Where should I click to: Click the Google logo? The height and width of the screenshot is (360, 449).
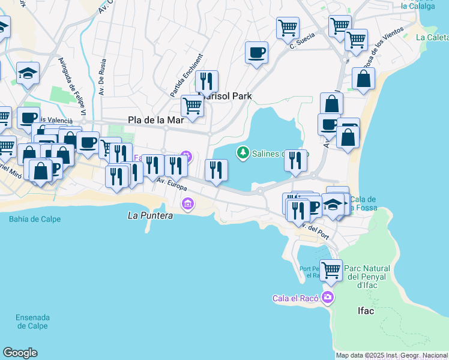point(20,353)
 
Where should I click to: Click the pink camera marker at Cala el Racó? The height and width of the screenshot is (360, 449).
point(327,297)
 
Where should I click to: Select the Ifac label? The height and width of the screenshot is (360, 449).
point(366,311)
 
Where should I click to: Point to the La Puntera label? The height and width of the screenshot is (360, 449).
point(151,215)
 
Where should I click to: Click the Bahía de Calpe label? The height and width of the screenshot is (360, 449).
point(35,219)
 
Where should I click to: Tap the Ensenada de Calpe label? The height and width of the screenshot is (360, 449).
point(32,322)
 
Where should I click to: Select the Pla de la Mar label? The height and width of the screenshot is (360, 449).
point(155,120)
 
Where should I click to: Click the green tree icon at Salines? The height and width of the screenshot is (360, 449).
point(243,153)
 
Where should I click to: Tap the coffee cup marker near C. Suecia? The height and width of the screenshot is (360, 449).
point(256,52)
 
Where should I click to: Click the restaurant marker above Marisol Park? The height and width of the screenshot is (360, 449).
point(206,81)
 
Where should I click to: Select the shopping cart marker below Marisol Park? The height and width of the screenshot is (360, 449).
point(192,106)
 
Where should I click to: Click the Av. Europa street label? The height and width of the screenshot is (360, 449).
point(167,184)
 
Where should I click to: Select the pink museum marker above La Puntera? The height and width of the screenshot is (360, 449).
point(188,204)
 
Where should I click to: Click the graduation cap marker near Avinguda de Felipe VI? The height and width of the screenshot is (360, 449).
point(28,73)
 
